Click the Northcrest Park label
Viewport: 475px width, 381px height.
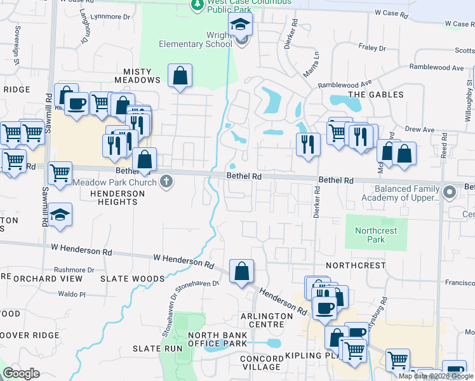[x=376, y=235]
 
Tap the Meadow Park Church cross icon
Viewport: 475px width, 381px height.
[x=166, y=182]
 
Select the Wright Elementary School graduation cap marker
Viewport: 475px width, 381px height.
[x=241, y=27]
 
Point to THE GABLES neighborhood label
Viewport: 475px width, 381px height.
[x=375, y=95]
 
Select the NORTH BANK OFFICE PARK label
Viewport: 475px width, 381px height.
[x=216, y=339]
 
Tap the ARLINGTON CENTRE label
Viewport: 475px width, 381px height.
[x=266, y=316]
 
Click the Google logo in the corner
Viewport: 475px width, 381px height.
[x=22, y=373]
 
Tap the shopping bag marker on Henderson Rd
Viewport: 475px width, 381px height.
[x=241, y=272]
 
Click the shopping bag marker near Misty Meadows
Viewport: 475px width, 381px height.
[x=180, y=76]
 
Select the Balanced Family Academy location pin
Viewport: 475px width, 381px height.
[x=450, y=191]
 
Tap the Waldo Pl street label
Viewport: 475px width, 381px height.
[x=71, y=294]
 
